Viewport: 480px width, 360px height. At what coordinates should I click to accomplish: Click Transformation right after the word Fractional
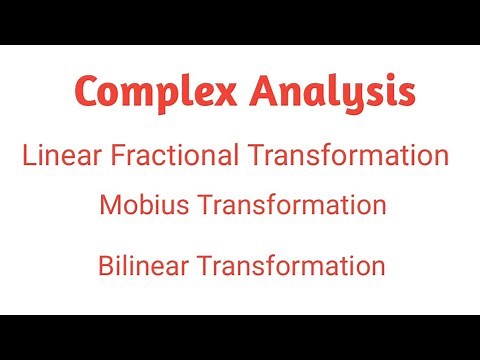pyautogui.click(x=348, y=155)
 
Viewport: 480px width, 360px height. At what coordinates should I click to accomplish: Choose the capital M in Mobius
pyautogui.click(x=109, y=205)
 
